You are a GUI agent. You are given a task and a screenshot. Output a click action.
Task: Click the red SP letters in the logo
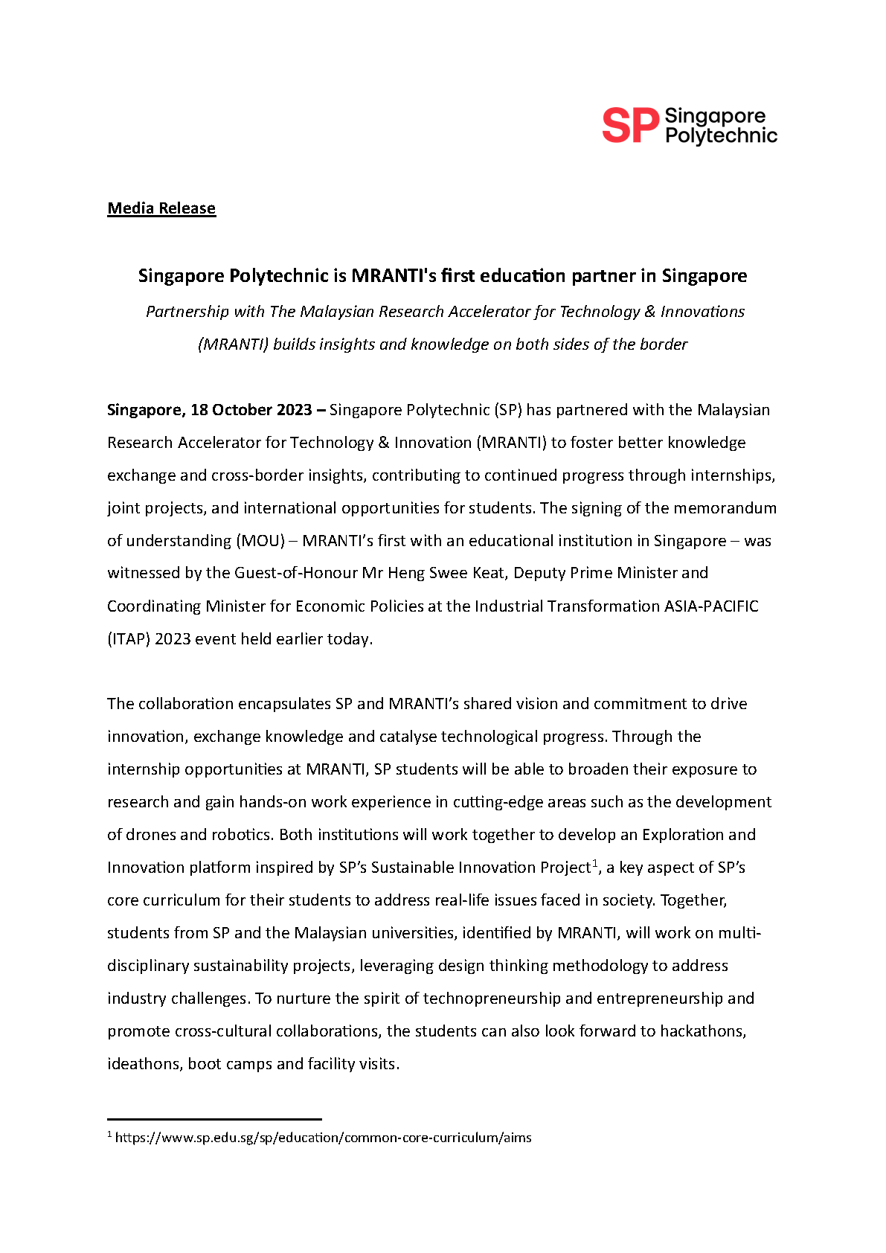[629, 125]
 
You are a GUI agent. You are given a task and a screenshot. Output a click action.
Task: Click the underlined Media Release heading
[161, 208]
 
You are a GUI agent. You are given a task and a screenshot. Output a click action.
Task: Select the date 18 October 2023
[251, 410]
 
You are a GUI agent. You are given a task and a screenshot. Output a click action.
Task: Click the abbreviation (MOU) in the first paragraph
[260, 541]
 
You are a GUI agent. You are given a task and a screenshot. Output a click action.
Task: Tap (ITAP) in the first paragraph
[129, 639]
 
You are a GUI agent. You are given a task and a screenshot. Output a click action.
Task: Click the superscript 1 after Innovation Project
[595, 863]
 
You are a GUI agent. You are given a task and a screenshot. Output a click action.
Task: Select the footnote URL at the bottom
[323, 1138]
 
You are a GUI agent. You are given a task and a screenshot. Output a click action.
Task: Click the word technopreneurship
[492, 999]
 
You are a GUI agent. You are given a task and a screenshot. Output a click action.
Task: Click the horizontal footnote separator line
[214, 1118]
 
